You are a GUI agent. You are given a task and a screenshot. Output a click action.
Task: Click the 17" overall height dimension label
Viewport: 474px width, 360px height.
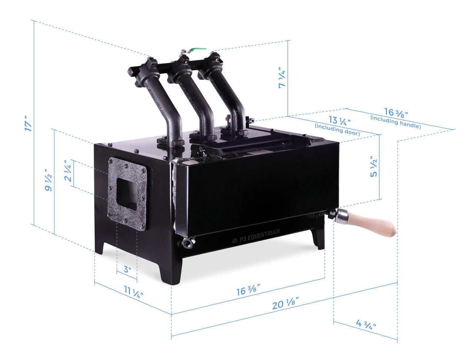(x=28, y=123)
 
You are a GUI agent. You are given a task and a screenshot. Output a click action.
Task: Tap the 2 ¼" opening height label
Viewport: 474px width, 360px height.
(x=68, y=171)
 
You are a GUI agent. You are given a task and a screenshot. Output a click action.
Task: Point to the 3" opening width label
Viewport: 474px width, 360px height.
(x=127, y=269)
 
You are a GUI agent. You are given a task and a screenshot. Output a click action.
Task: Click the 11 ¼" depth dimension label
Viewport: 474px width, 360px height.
(x=133, y=292)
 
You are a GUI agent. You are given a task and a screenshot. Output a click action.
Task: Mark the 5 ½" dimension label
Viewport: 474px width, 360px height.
(x=373, y=167)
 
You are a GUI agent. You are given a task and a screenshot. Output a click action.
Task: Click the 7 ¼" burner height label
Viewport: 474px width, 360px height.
(x=282, y=77)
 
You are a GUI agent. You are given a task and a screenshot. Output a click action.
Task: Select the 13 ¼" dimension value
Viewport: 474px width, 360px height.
(x=340, y=121)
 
